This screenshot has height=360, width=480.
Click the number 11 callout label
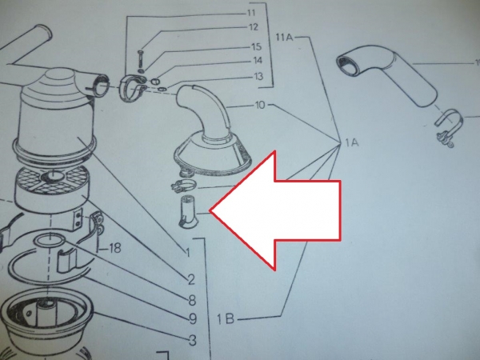(250, 13)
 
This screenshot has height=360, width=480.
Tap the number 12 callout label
(254, 27)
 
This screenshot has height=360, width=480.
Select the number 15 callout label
(256, 47)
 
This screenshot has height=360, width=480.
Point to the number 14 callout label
(257, 61)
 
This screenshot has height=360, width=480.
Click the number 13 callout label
(258, 76)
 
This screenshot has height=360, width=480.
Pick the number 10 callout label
(259, 105)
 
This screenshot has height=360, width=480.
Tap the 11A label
(284, 38)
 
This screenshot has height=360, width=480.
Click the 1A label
(352, 142)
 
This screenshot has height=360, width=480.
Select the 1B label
(226, 319)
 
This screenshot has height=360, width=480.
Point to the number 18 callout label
(114, 248)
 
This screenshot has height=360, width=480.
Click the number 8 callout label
(192, 300)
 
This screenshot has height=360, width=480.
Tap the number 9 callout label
(193, 319)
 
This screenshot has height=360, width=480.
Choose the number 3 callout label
(193, 340)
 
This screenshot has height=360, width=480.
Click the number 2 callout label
(191, 279)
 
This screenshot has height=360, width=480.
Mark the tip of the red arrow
(210, 211)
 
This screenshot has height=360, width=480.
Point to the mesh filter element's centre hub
(54, 176)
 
